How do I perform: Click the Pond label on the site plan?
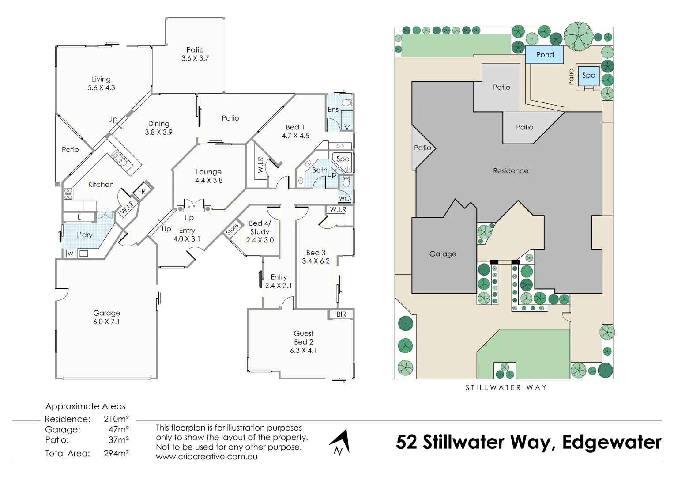[x=545, y=55]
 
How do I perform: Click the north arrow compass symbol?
[x=340, y=442]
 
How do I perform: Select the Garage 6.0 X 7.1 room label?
[x=106, y=317]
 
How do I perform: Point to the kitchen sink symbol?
[x=120, y=159]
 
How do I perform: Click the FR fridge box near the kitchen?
[x=142, y=191]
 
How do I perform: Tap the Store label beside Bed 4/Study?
[x=232, y=229]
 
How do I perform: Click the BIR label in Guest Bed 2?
[x=341, y=314]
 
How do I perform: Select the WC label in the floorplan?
[x=344, y=199]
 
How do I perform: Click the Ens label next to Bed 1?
[x=333, y=110]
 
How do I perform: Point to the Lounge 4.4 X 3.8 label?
[x=209, y=176]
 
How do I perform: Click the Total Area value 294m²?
[x=116, y=453]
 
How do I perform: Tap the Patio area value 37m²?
[x=118, y=440]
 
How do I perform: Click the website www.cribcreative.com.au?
[x=207, y=457]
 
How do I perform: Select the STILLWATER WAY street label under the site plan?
[x=506, y=387]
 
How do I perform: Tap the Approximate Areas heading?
[x=85, y=406]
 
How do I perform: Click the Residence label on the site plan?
[x=510, y=171]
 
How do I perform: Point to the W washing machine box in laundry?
[x=70, y=254]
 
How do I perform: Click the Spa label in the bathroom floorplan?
[x=343, y=159]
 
